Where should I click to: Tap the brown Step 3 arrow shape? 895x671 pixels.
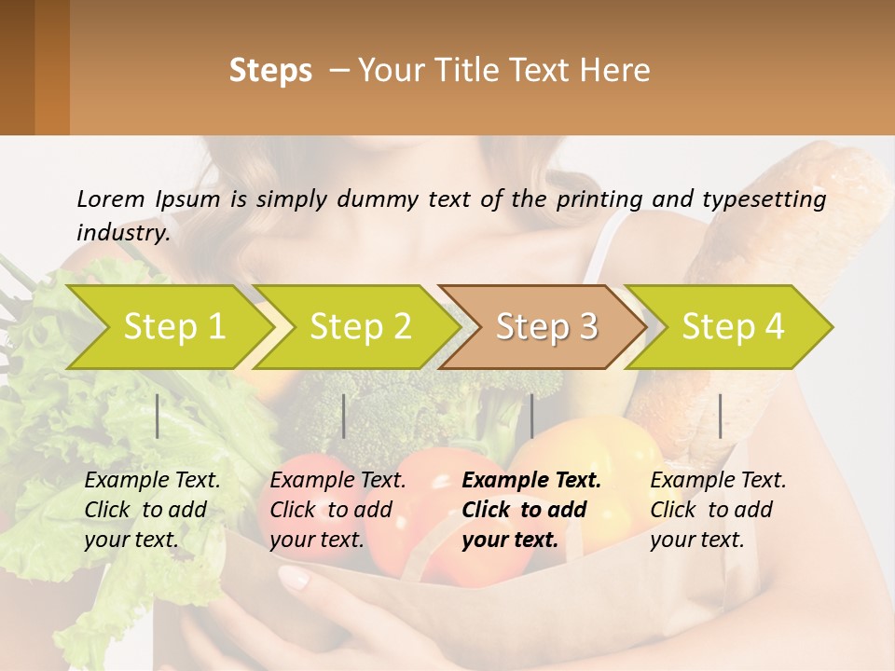click(x=546, y=327)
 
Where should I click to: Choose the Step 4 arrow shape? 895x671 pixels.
click(x=733, y=327)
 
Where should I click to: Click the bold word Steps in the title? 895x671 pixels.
click(x=270, y=71)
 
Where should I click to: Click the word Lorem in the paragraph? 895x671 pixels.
click(x=111, y=199)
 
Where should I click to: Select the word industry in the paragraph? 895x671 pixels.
click(x=123, y=233)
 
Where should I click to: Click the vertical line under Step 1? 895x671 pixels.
click(x=158, y=416)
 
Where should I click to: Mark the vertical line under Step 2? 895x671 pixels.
click(x=344, y=416)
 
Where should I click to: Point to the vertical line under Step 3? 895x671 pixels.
click(x=531, y=416)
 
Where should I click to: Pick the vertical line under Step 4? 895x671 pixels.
click(x=721, y=416)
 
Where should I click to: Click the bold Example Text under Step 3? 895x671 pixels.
click(x=531, y=481)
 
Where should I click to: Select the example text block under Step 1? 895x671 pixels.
click(x=152, y=510)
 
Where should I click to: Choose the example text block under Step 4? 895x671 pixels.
click(x=718, y=510)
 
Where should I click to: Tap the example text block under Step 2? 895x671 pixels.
click(x=337, y=510)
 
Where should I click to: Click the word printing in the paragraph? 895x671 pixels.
click(x=591, y=199)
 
